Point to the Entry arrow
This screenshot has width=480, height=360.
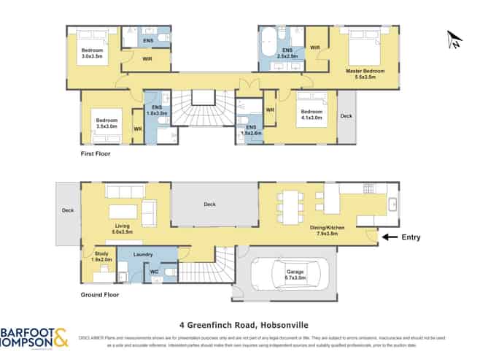[391, 237]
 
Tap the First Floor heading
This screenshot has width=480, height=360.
[98, 155]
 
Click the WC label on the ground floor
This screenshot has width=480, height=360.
[154, 272]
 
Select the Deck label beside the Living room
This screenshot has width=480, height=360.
[67, 210]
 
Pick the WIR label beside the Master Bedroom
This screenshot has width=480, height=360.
[315, 47]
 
